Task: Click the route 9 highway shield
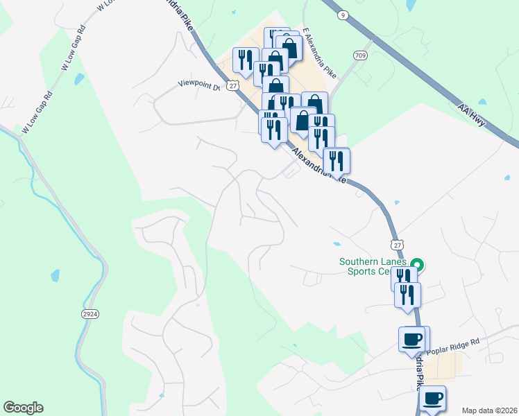[343, 15]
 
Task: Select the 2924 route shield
[89, 314]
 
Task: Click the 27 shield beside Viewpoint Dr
[233, 85]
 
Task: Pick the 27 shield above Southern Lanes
[396, 245]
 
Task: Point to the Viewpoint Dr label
[198, 85]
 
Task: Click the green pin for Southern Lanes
[417, 265]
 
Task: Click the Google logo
[23, 408]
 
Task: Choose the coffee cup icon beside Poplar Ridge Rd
[412, 339]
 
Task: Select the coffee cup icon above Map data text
[432, 398]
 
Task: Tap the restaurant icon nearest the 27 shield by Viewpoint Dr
[244, 59]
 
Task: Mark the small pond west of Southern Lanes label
[337, 244]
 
